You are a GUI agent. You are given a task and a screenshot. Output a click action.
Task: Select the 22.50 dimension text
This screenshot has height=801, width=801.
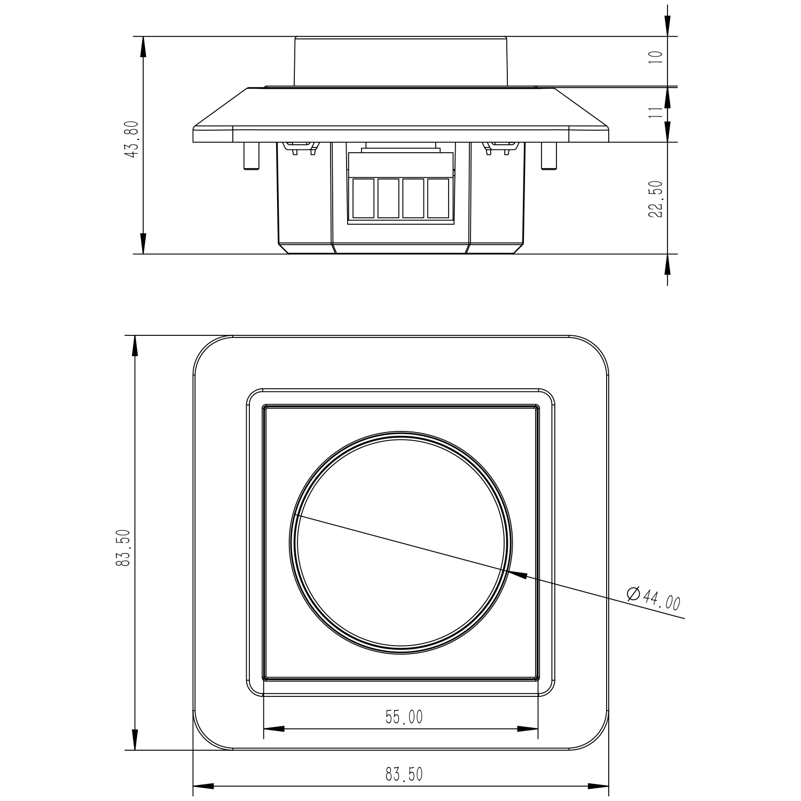655,199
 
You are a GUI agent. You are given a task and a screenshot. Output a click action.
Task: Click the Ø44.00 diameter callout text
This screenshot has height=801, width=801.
654,599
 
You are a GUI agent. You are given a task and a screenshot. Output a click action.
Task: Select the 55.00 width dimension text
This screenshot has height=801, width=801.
404,717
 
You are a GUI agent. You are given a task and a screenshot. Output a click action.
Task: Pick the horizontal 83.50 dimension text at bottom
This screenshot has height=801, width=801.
404,774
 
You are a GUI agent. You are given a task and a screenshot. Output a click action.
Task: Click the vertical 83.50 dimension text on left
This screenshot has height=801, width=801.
124,548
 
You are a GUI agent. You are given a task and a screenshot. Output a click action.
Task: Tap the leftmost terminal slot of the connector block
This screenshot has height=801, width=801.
364,199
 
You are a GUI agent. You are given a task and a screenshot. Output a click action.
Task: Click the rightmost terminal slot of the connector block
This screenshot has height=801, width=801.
438,199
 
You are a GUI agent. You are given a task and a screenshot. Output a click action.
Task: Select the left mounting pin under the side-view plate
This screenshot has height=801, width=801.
249,156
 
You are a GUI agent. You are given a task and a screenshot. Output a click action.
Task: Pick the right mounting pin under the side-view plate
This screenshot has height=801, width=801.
549,156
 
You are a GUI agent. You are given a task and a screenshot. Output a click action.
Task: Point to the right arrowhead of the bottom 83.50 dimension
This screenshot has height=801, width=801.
599,786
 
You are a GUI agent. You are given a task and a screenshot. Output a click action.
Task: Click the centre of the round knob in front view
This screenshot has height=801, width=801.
400,543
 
